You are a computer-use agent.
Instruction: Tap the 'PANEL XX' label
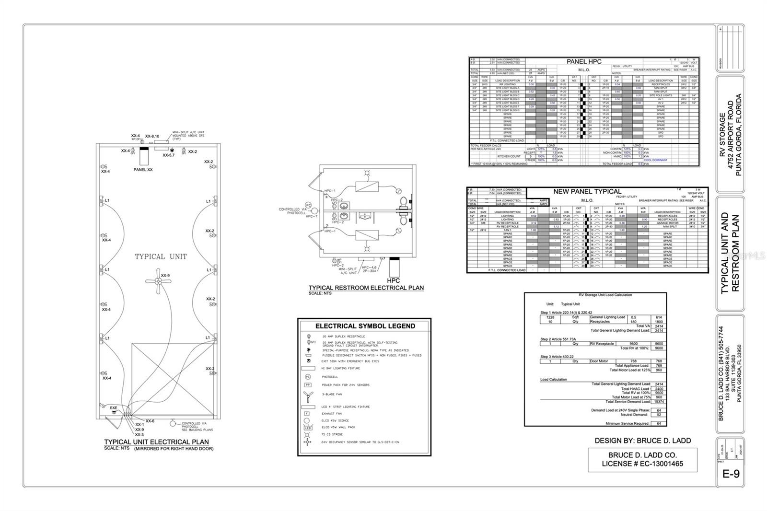coord(143,170)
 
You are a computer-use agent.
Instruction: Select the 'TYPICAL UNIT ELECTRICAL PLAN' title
coord(156,442)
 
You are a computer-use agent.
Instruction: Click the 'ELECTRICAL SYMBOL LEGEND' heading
coord(365,326)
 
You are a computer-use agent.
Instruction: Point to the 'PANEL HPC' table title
coord(583,62)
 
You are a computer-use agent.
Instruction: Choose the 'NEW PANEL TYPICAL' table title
coord(587,191)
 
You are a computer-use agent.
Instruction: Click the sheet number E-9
coord(731,474)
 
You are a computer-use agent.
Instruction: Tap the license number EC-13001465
coord(642,464)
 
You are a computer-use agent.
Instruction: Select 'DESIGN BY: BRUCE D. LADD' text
coord(642,441)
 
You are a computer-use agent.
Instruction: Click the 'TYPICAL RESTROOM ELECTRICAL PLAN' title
coord(366,288)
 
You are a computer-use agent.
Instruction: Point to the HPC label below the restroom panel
coord(393,280)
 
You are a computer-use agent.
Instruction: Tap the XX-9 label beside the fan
coord(165,276)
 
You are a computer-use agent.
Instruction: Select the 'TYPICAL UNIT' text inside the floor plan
coord(161,256)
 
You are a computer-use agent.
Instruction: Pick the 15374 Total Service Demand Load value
coord(659,402)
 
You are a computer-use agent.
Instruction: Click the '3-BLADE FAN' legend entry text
coord(332,395)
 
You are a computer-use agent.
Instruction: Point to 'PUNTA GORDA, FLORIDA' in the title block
coord(739,135)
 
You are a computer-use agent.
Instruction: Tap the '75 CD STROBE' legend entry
coord(331,435)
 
